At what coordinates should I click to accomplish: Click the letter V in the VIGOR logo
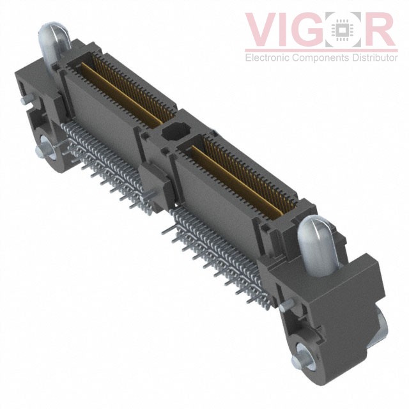pos(263,29)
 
